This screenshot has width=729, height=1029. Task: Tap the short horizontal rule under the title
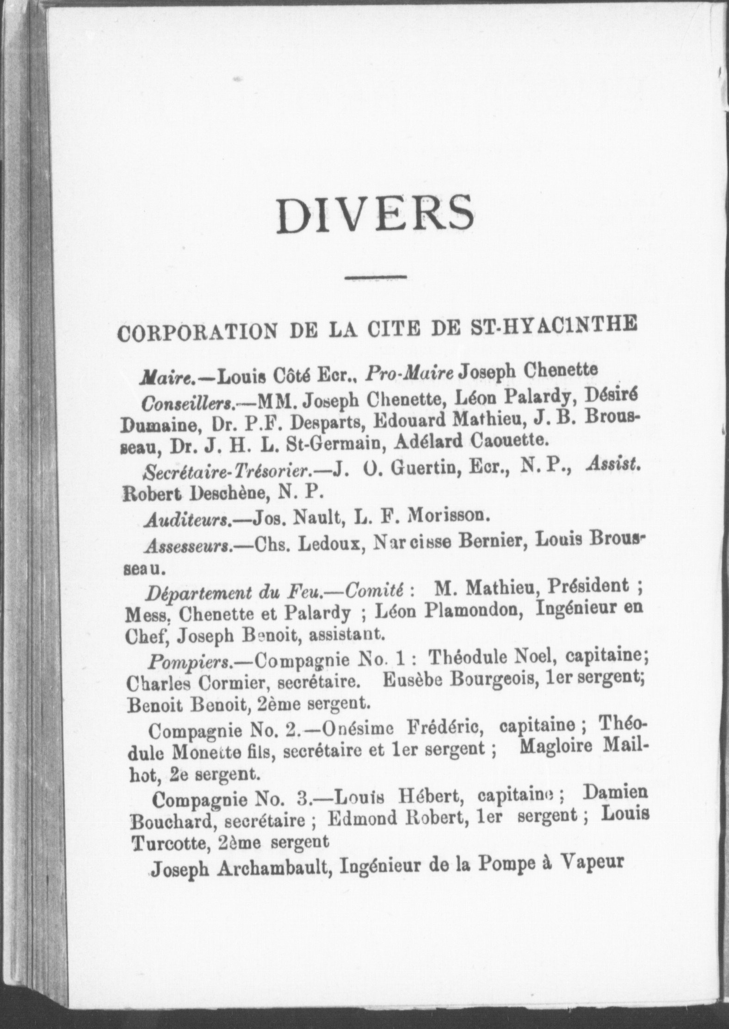[x=375, y=278]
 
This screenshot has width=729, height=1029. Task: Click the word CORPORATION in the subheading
[x=197, y=332]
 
